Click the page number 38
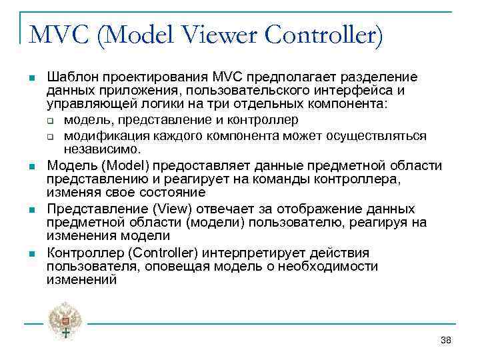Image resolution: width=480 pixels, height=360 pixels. click(x=446, y=341)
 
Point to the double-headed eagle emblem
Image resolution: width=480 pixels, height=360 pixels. click(x=65, y=320)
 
